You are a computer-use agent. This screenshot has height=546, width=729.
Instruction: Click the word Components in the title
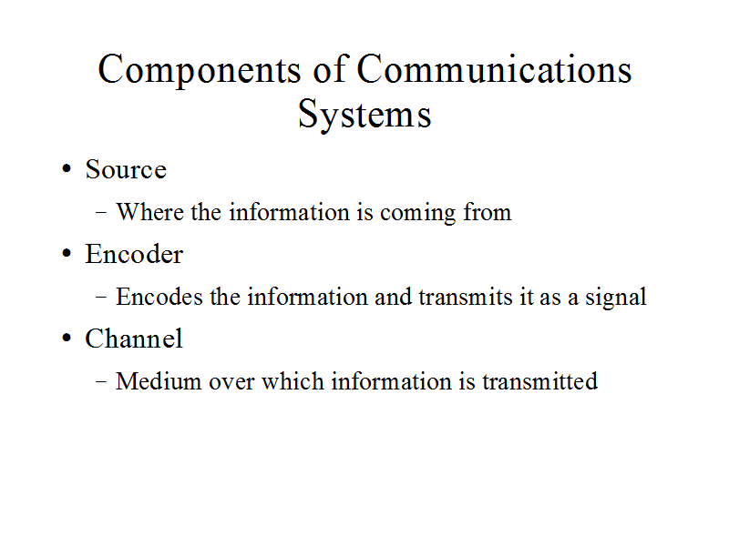click(x=200, y=70)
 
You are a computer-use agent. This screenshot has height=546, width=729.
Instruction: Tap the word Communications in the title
click(x=494, y=69)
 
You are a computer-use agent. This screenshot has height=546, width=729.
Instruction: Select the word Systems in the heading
click(x=365, y=115)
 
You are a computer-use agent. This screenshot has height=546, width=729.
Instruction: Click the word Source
click(x=126, y=169)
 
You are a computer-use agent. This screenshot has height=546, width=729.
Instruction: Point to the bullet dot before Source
click(x=67, y=169)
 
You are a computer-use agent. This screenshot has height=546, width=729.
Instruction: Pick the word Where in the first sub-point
click(x=149, y=212)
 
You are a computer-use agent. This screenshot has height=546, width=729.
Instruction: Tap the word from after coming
click(x=488, y=212)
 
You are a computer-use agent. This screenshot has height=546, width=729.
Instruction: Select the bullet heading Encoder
click(x=134, y=254)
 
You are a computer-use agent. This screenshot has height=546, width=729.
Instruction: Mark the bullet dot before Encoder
click(x=67, y=254)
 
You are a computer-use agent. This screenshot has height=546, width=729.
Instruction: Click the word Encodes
click(x=159, y=297)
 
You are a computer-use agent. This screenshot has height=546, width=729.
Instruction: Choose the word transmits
click(x=466, y=298)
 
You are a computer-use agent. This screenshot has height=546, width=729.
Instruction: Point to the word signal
click(x=616, y=298)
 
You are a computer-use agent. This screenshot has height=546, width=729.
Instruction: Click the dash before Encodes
click(x=101, y=298)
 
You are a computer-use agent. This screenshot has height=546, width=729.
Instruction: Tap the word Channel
click(x=134, y=339)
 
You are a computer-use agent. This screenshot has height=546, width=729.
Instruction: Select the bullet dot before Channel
click(x=67, y=339)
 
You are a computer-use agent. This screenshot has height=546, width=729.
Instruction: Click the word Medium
click(x=159, y=381)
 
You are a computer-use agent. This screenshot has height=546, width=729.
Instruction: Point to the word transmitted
click(x=539, y=381)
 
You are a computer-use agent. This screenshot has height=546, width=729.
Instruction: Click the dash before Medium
click(x=101, y=382)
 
